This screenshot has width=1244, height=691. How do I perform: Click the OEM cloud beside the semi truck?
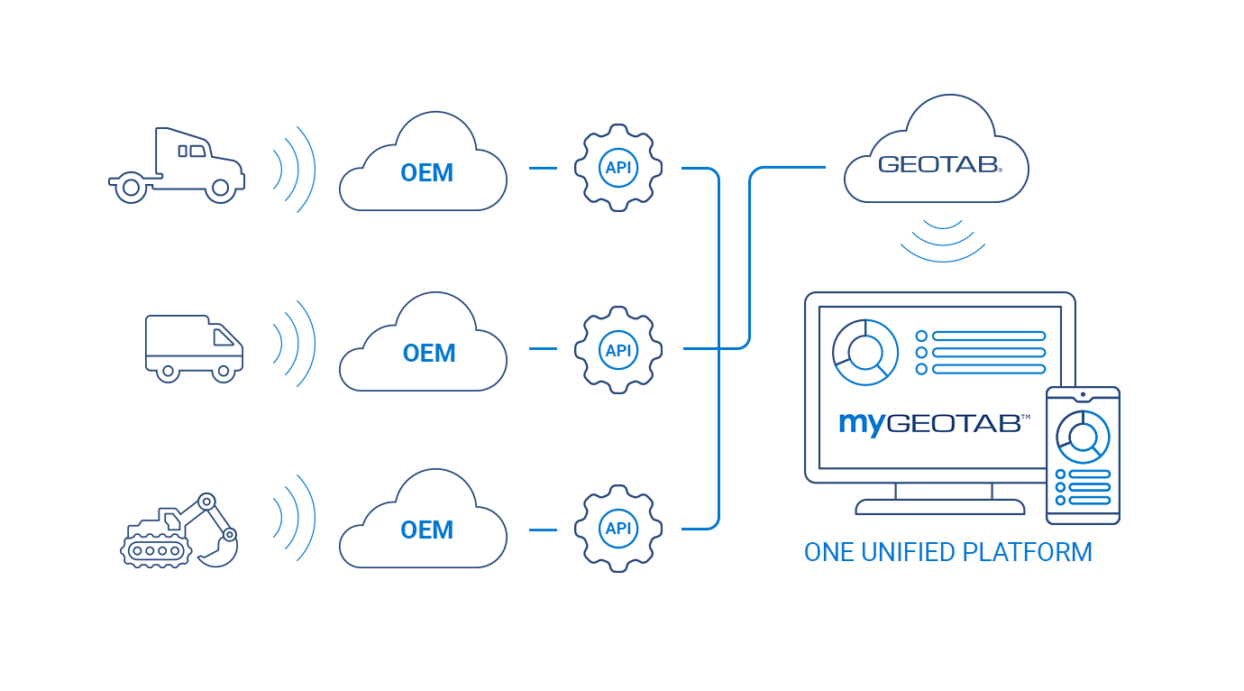click(x=424, y=167)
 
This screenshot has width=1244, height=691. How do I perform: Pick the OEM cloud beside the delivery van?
click(x=424, y=347)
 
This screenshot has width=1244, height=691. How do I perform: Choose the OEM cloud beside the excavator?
click(x=424, y=525)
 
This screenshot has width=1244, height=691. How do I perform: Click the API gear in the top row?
click(x=618, y=168)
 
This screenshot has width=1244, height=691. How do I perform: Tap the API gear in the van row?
click(x=618, y=350)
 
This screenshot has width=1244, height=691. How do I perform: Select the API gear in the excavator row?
click(x=618, y=529)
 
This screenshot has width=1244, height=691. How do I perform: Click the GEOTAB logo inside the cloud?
click(x=938, y=164)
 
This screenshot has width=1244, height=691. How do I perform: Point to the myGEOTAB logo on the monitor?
click(x=934, y=422)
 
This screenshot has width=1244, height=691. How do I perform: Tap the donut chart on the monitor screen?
click(x=865, y=352)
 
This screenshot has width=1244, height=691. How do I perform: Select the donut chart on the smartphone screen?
click(x=1083, y=438)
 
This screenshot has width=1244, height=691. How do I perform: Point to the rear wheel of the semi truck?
click(x=131, y=188)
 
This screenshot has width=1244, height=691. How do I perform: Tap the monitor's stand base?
click(x=939, y=507)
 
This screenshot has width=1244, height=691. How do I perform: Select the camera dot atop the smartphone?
click(x=1083, y=394)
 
